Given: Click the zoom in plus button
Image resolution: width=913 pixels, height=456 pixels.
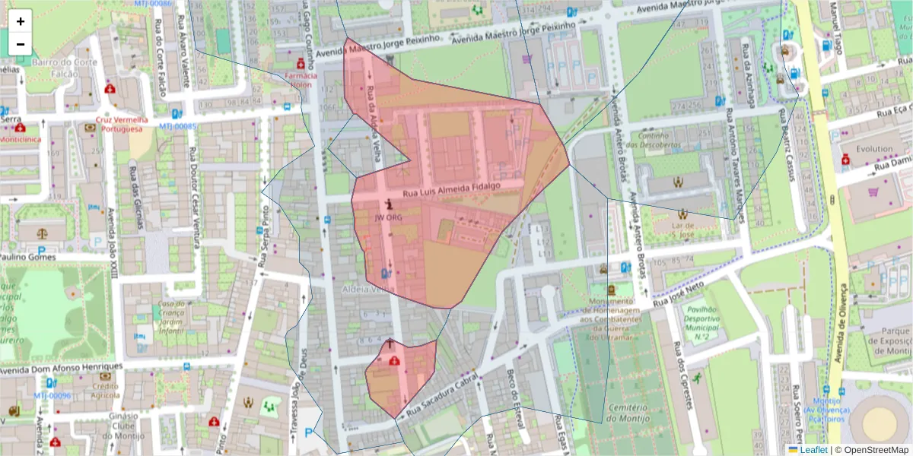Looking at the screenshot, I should click(21, 22).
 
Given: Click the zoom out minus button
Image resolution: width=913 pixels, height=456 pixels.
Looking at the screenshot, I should click(21, 44).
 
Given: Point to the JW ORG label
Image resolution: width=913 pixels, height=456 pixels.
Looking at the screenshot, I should click(388, 217).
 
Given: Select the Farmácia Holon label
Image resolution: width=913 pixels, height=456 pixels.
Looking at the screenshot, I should click(302, 81).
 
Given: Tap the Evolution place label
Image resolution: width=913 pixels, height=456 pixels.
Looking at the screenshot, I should click(873, 149).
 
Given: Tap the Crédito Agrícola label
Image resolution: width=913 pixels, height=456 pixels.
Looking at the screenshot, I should click(106, 390).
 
